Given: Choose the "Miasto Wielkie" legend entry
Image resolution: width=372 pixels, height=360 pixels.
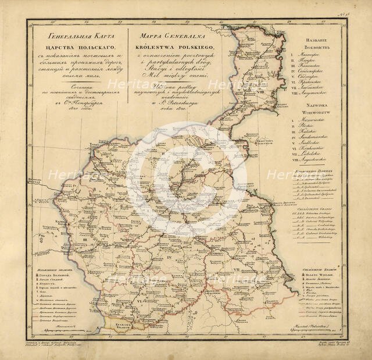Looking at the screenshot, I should pyautogui.click(x=321, y=275).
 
